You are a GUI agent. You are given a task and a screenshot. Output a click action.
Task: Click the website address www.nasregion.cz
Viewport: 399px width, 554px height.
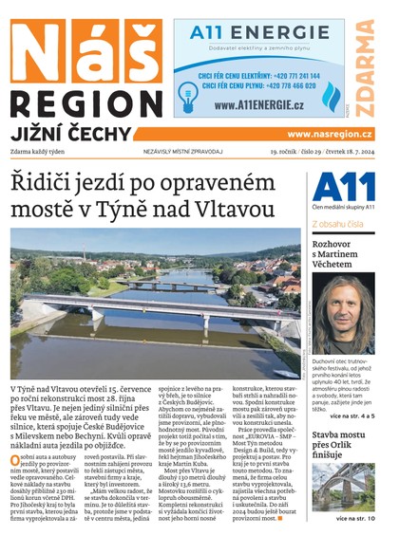coord(330,135)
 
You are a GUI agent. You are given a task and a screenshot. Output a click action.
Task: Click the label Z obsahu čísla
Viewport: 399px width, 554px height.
coord(337,225)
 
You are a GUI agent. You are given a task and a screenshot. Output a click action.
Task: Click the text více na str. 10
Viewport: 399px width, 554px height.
coord(361,519)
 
